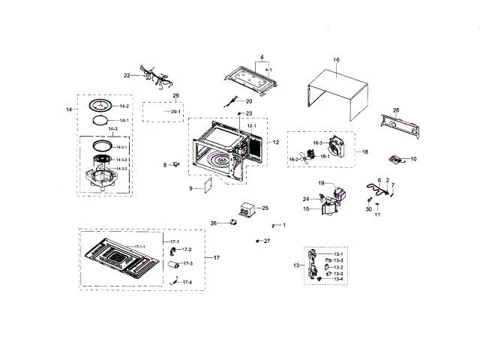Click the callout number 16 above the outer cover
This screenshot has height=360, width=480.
[336, 59]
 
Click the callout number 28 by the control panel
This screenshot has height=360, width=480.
[396, 110]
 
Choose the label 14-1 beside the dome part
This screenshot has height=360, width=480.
[124, 120]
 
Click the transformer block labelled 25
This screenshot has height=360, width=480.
[247, 208]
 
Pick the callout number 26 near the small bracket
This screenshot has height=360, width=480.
[213, 223]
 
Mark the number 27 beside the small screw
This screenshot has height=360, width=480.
[266, 241]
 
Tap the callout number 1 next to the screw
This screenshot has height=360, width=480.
[283, 225]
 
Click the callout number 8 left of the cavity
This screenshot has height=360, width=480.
[165, 164]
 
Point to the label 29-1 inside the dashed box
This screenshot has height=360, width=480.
[175, 112]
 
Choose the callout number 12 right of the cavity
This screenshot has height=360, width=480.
[275, 142]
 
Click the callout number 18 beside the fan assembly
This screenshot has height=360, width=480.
[365, 151]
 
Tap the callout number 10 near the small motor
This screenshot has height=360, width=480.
[413, 159]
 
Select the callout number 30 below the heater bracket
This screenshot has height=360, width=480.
[368, 208]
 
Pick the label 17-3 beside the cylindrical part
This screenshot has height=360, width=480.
[187, 263]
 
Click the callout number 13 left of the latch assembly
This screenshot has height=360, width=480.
[296, 265]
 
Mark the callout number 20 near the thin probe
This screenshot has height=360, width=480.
[249, 100]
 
